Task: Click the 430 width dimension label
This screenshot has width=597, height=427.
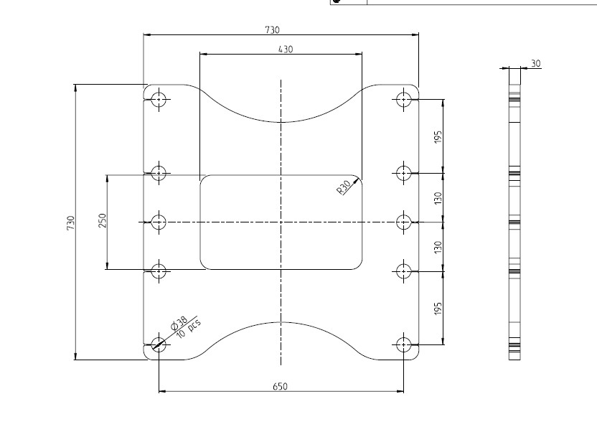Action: [x=286, y=49]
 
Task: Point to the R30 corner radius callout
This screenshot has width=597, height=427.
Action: [x=344, y=187]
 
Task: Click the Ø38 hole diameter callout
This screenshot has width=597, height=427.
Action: [x=179, y=323]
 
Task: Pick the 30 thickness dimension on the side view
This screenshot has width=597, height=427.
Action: [x=536, y=63]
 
